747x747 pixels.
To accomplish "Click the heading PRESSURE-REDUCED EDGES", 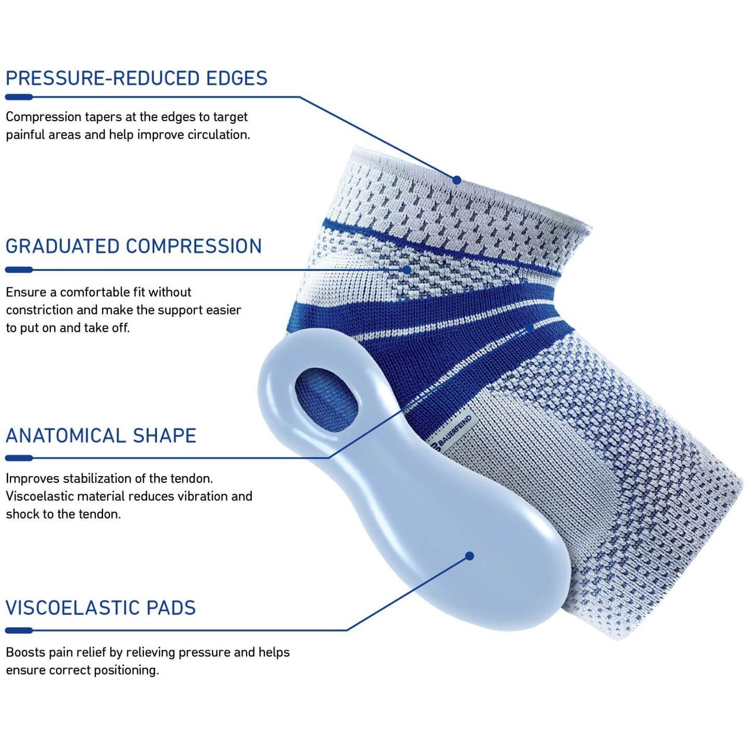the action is point(136,78).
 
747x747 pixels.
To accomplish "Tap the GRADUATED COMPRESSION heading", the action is point(134,247).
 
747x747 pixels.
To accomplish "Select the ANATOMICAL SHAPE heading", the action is point(101,436).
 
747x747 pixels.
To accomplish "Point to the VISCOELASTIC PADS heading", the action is point(101,608).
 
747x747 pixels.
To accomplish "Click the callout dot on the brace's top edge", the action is point(457,180).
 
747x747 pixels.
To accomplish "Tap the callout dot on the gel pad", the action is point(469,556).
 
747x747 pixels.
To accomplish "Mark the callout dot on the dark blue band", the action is point(529,328).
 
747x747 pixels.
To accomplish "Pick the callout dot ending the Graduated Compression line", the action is point(407,269).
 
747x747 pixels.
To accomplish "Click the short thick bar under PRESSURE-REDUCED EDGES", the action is point(19,97).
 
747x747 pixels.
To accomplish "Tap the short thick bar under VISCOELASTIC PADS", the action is point(19,631).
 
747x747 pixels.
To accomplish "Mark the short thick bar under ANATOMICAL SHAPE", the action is point(19,458).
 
